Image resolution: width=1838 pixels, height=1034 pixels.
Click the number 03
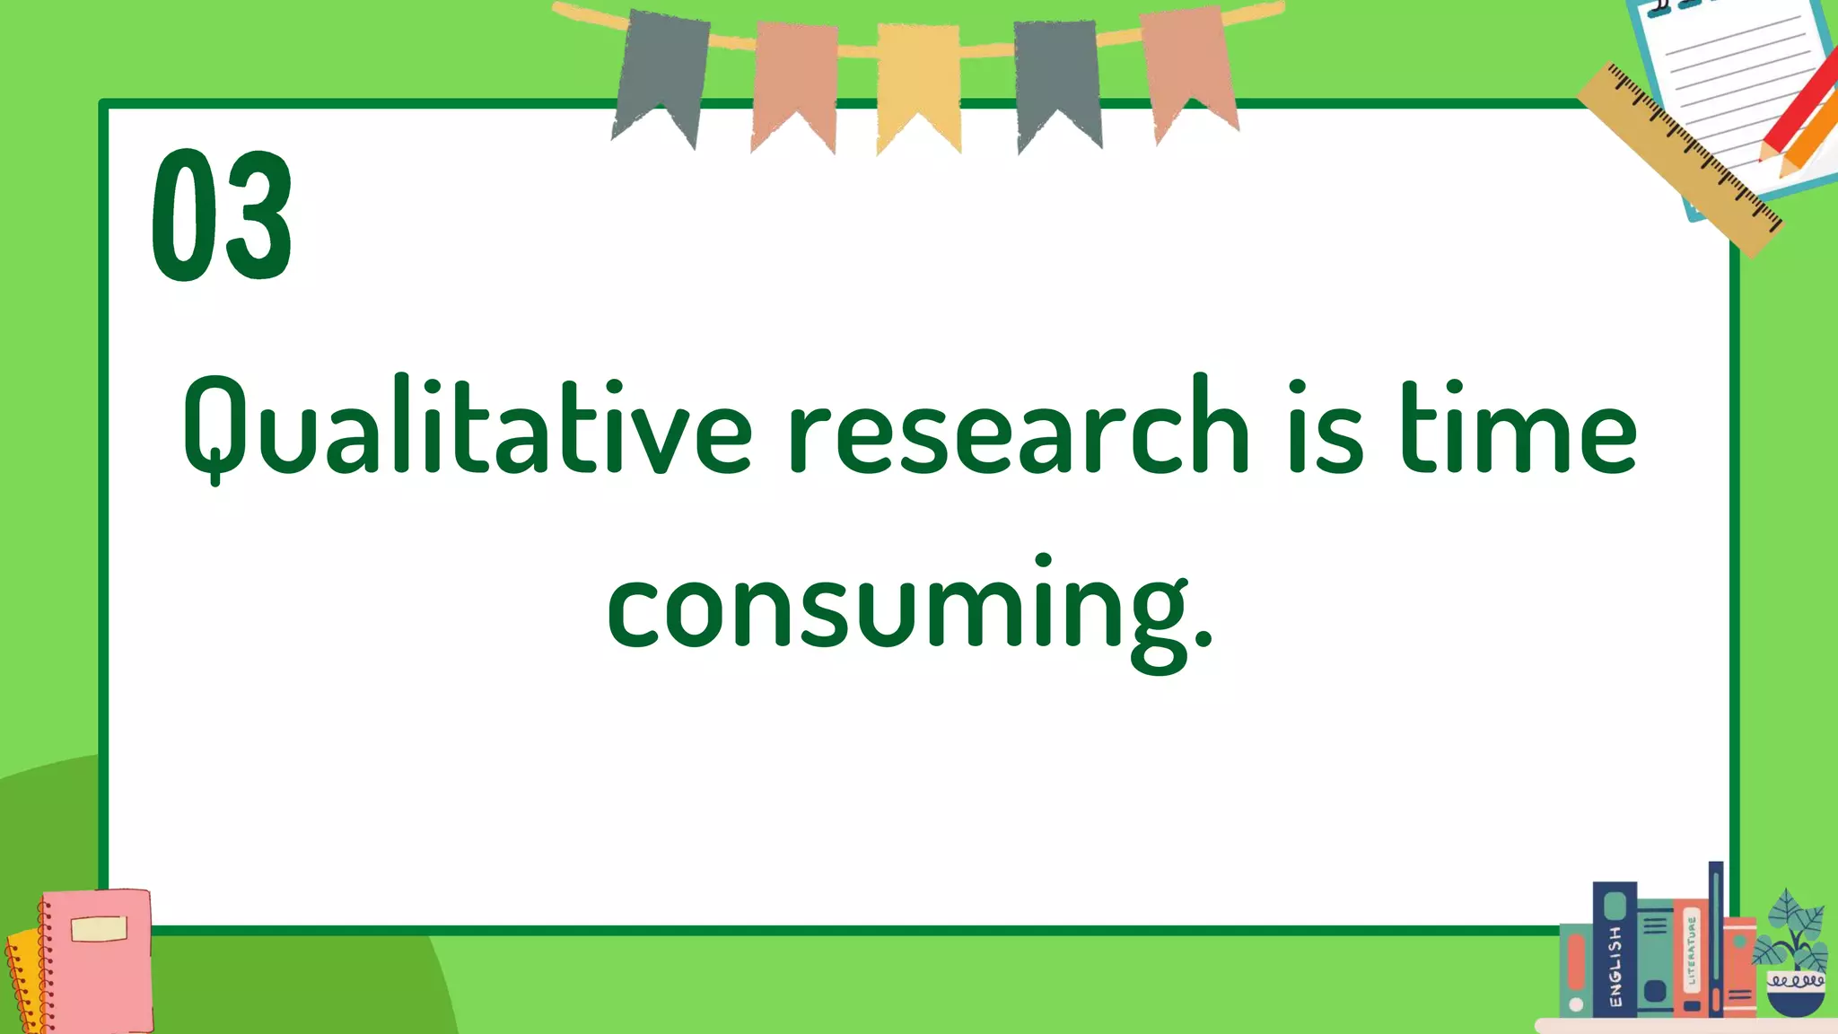(222, 215)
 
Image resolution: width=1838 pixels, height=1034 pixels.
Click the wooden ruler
(1678, 158)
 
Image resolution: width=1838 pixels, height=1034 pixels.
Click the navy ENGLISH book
(1614, 951)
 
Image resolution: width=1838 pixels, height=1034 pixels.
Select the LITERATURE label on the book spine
(1692, 951)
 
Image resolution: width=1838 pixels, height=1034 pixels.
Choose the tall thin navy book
(1715, 938)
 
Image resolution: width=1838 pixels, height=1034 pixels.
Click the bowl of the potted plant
(1795, 992)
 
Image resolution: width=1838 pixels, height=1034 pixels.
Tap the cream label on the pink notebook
(99, 929)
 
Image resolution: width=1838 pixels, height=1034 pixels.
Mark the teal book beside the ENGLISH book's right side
(1655, 956)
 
